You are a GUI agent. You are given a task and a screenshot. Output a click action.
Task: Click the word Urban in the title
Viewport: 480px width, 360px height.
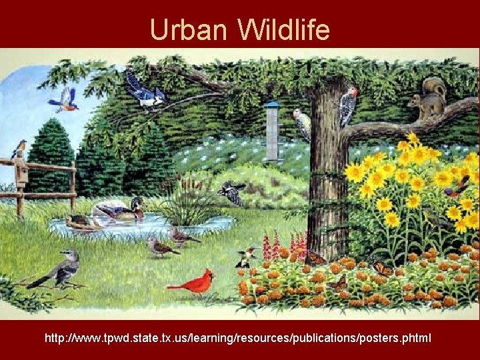tap(189, 30)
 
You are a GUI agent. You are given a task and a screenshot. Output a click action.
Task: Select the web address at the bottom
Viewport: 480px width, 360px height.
tap(238, 339)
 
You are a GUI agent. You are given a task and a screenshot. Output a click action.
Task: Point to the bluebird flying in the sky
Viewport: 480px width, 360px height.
tap(64, 100)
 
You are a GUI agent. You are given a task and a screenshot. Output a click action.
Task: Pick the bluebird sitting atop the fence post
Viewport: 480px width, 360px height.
tap(19, 147)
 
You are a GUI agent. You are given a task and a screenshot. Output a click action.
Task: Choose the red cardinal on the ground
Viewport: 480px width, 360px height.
tap(195, 283)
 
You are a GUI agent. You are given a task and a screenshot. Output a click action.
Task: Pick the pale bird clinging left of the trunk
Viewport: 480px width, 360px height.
tap(302, 123)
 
